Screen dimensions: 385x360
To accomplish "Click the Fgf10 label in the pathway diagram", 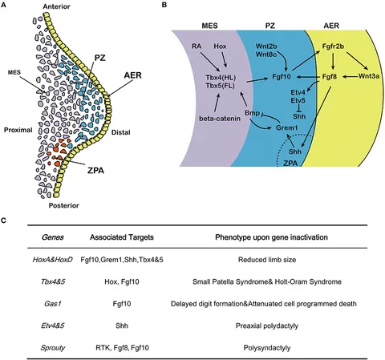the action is click(x=282, y=77).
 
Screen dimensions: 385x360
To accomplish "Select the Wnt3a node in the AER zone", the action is click(x=369, y=76).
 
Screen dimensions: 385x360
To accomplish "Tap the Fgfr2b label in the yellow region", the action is click(x=333, y=47).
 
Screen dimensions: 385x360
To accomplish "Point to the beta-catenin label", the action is click(x=220, y=118).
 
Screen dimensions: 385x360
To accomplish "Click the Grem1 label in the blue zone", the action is click(x=286, y=127).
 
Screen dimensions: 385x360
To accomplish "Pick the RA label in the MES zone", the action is click(x=197, y=47).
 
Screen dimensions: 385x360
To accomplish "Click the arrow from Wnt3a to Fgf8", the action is click(x=351, y=77).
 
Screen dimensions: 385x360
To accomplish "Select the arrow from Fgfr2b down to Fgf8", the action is click(x=333, y=61).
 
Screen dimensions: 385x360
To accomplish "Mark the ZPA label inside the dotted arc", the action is click(x=290, y=163).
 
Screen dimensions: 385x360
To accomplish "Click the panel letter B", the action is click(x=164, y=5).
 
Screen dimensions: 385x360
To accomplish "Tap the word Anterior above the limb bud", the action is click(x=56, y=6).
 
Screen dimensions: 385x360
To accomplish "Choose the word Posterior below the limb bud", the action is click(x=64, y=205).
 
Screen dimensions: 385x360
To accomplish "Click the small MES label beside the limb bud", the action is click(x=14, y=72).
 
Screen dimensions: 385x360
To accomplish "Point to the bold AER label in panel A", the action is click(x=132, y=75).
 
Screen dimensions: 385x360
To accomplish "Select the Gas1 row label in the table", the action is click(x=53, y=304).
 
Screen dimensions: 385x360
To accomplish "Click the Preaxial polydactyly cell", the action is click(x=267, y=326).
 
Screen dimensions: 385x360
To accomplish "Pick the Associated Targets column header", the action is click(x=122, y=237).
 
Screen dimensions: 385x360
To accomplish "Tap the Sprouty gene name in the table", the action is click(x=53, y=348).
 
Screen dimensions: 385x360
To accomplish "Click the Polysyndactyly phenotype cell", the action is click(x=267, y=348).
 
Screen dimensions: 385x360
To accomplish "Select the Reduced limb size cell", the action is click(x=267, y=260).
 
